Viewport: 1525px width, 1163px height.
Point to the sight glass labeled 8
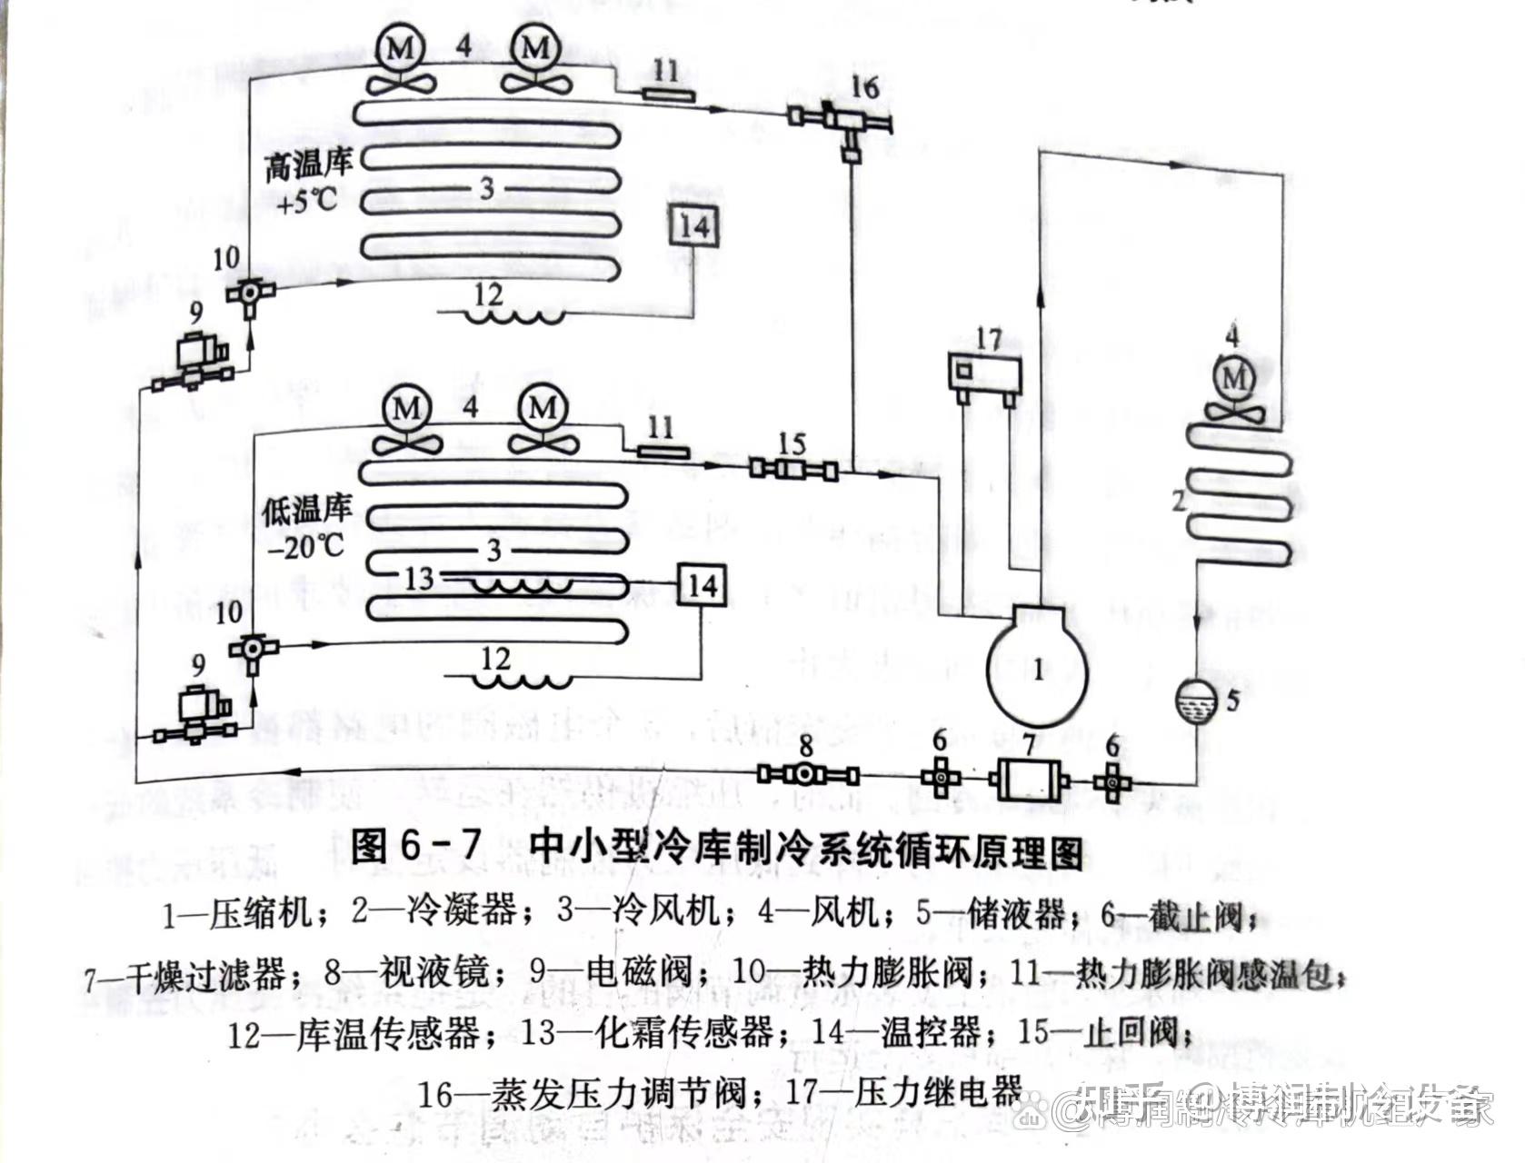pos(807,774)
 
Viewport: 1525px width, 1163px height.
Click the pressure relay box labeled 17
pos(984,373)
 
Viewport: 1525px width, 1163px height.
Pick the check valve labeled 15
pos(792,470)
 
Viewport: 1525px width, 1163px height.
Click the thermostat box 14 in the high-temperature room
pos(695,225)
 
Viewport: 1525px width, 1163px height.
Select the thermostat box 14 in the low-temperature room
pos(702,585)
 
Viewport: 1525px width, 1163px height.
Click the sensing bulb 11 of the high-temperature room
pos(665,93)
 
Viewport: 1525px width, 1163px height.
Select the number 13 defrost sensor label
pos(418,578)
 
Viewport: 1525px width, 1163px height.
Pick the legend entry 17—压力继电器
pos(905,1091)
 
